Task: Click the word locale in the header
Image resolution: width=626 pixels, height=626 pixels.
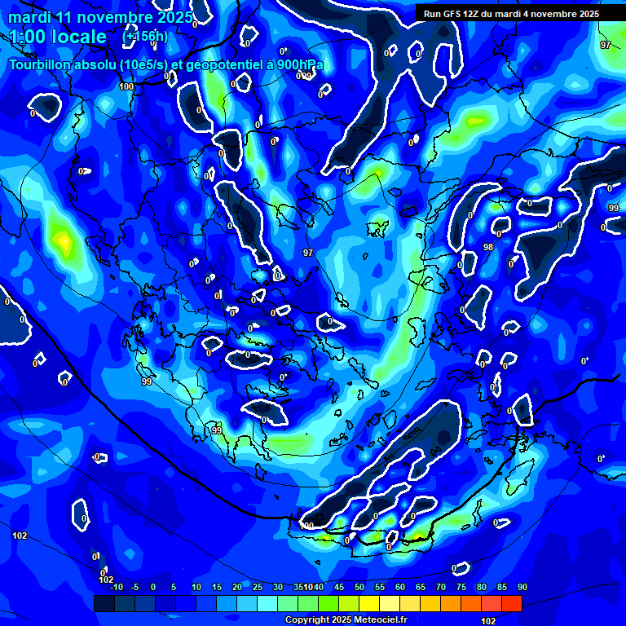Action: [76, 37]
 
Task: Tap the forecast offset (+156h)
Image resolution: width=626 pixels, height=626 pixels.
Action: [145, 36]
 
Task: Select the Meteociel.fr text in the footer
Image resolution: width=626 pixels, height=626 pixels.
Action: [385, 619]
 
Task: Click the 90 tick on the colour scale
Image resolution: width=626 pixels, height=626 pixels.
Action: [522, 587]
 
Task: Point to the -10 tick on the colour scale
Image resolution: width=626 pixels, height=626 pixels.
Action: [116, 587]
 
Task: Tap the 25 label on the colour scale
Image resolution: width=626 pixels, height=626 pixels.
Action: [258, 587]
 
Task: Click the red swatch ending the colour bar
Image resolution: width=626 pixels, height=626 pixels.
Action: [511, 603]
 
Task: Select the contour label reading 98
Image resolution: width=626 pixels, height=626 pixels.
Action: [488, 247]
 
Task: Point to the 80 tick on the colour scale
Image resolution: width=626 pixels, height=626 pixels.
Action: [482, 587]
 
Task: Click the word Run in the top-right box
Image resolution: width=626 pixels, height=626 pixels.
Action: [433, 14]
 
